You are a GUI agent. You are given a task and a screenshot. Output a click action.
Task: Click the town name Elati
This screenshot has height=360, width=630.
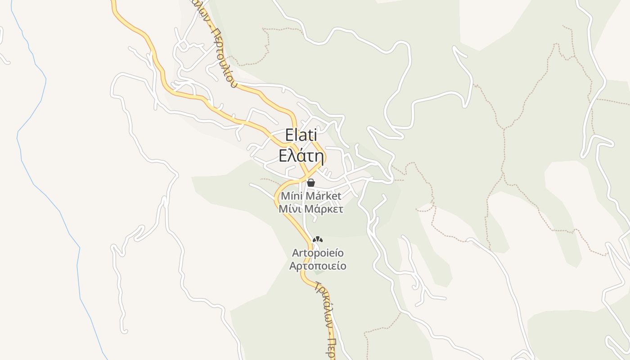(301, 135)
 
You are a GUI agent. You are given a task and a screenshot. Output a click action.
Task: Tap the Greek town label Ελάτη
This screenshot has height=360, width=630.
(301, 156)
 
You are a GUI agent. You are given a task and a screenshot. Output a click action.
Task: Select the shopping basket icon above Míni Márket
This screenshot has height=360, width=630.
(310, 183)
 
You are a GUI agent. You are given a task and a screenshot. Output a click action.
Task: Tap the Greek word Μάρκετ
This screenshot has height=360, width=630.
(324, 209)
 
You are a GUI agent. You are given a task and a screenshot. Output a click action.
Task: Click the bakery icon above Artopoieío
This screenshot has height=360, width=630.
(318, 239)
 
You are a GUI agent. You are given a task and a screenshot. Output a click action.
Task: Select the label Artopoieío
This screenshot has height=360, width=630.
(318, 252)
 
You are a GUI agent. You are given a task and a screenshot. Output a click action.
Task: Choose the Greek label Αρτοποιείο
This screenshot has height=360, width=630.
(318, 265)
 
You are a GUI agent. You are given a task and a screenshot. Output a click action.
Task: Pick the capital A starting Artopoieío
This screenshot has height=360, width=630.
(296, 253)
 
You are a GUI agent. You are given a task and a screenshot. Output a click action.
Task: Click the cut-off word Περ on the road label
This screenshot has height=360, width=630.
(331, 349)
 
